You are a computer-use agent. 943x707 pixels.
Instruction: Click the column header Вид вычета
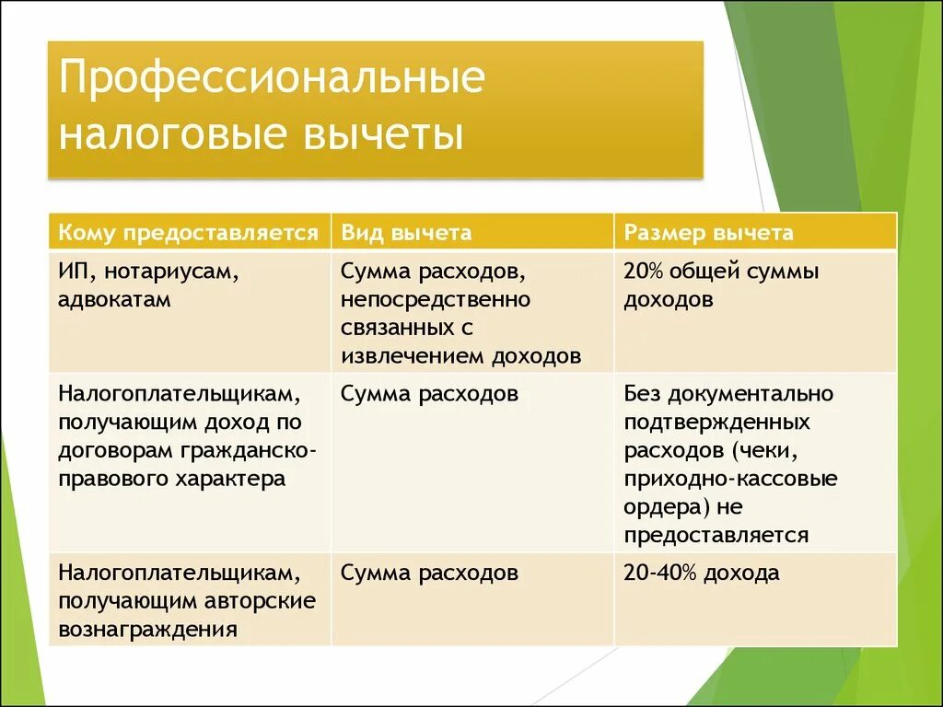406,232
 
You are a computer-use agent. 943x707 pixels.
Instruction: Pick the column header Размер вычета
708,232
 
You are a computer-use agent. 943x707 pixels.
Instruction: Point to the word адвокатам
114,300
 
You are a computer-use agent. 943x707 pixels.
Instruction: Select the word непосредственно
435,300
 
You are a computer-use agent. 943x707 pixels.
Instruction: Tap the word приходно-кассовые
730,480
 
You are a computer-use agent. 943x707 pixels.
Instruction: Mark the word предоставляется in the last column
716,536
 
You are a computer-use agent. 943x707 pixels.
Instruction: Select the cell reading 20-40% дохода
702,574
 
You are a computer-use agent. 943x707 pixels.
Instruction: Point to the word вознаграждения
147,630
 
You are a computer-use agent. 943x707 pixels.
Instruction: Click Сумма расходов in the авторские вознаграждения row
429,574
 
